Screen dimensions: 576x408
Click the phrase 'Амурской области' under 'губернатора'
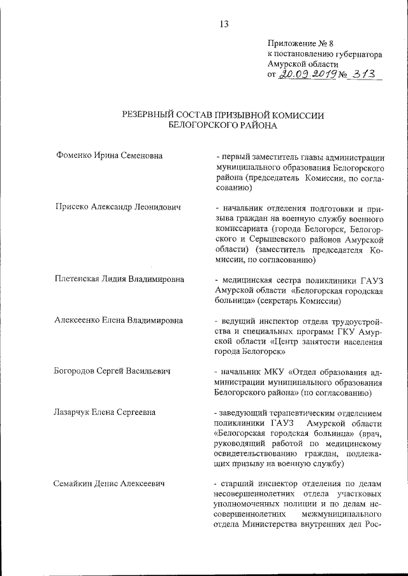point(303,64)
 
